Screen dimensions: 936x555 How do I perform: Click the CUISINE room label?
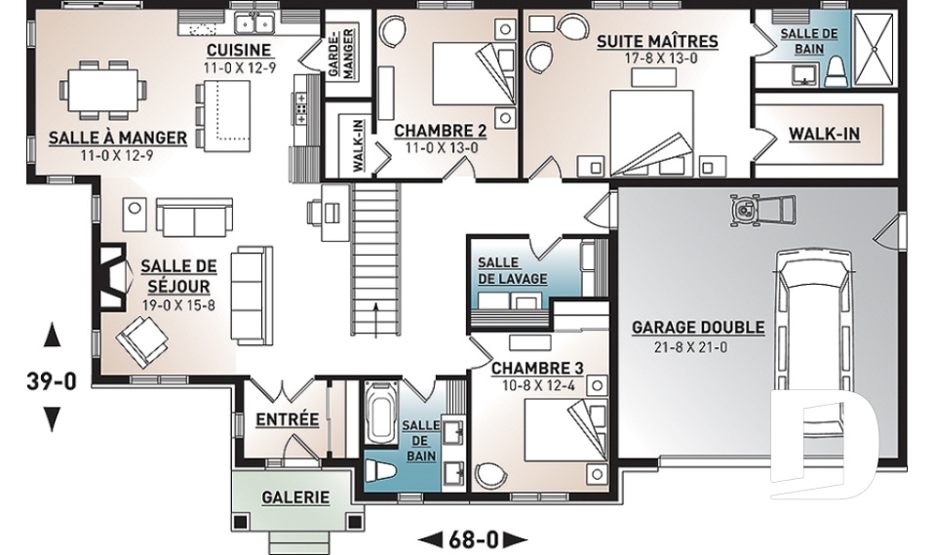tap(239, 50)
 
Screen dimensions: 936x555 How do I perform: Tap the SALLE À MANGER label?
tap(118, 138)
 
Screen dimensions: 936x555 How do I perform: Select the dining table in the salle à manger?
tap(102, 89)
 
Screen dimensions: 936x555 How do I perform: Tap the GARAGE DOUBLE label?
tap(698, 328)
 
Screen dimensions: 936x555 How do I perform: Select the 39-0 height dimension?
tap(52, 380)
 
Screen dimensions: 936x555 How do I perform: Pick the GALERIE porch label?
tap(295, 497)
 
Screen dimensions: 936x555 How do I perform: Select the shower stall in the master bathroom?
tap(875, 49)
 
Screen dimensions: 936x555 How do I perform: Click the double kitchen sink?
tap(254, 23)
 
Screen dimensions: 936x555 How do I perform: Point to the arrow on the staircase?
tap(375, 320)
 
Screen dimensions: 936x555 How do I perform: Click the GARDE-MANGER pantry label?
tap(341, 53)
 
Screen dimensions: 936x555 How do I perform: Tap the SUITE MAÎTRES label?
tap(657, 41)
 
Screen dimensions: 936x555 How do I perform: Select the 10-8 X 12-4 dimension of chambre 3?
tap(538, 385)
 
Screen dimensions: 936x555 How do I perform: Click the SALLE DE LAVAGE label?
tap(512, 270)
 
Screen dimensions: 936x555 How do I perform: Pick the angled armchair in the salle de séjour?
tap(141, 341)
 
